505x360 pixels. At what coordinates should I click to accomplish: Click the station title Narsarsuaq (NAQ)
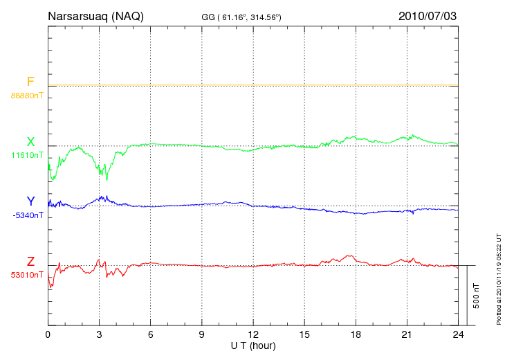pos(95,16)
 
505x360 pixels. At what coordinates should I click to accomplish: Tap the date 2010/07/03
pos(428,16)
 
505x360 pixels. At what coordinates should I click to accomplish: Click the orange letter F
pos(30,82)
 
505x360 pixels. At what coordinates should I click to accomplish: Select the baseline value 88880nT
pos(27,95)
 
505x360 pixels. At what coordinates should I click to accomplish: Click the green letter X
pos(30,142)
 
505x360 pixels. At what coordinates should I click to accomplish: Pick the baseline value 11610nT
pos(27,155)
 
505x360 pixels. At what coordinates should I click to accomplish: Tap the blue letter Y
pos(30,201)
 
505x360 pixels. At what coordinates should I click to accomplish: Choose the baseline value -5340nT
pos(27,215)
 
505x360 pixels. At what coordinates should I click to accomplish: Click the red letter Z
pos(30,262)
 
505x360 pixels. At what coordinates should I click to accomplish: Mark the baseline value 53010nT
pos(27,275)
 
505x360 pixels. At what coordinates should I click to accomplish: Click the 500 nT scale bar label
pos(477,296)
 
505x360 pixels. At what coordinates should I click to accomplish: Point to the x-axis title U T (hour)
pos(253,345)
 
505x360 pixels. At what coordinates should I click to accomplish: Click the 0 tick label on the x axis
pos(48,335)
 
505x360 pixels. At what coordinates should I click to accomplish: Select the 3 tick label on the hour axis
pos(100,335)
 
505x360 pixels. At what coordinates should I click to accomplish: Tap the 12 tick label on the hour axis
pos(253,335)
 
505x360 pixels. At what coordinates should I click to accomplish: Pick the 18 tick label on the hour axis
pos(356,335)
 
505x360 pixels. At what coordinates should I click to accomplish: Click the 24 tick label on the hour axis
pos(458,335)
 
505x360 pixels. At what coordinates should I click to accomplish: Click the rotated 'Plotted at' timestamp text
pos(498,277)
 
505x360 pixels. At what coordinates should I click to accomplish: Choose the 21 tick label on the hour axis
pos(407,335)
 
